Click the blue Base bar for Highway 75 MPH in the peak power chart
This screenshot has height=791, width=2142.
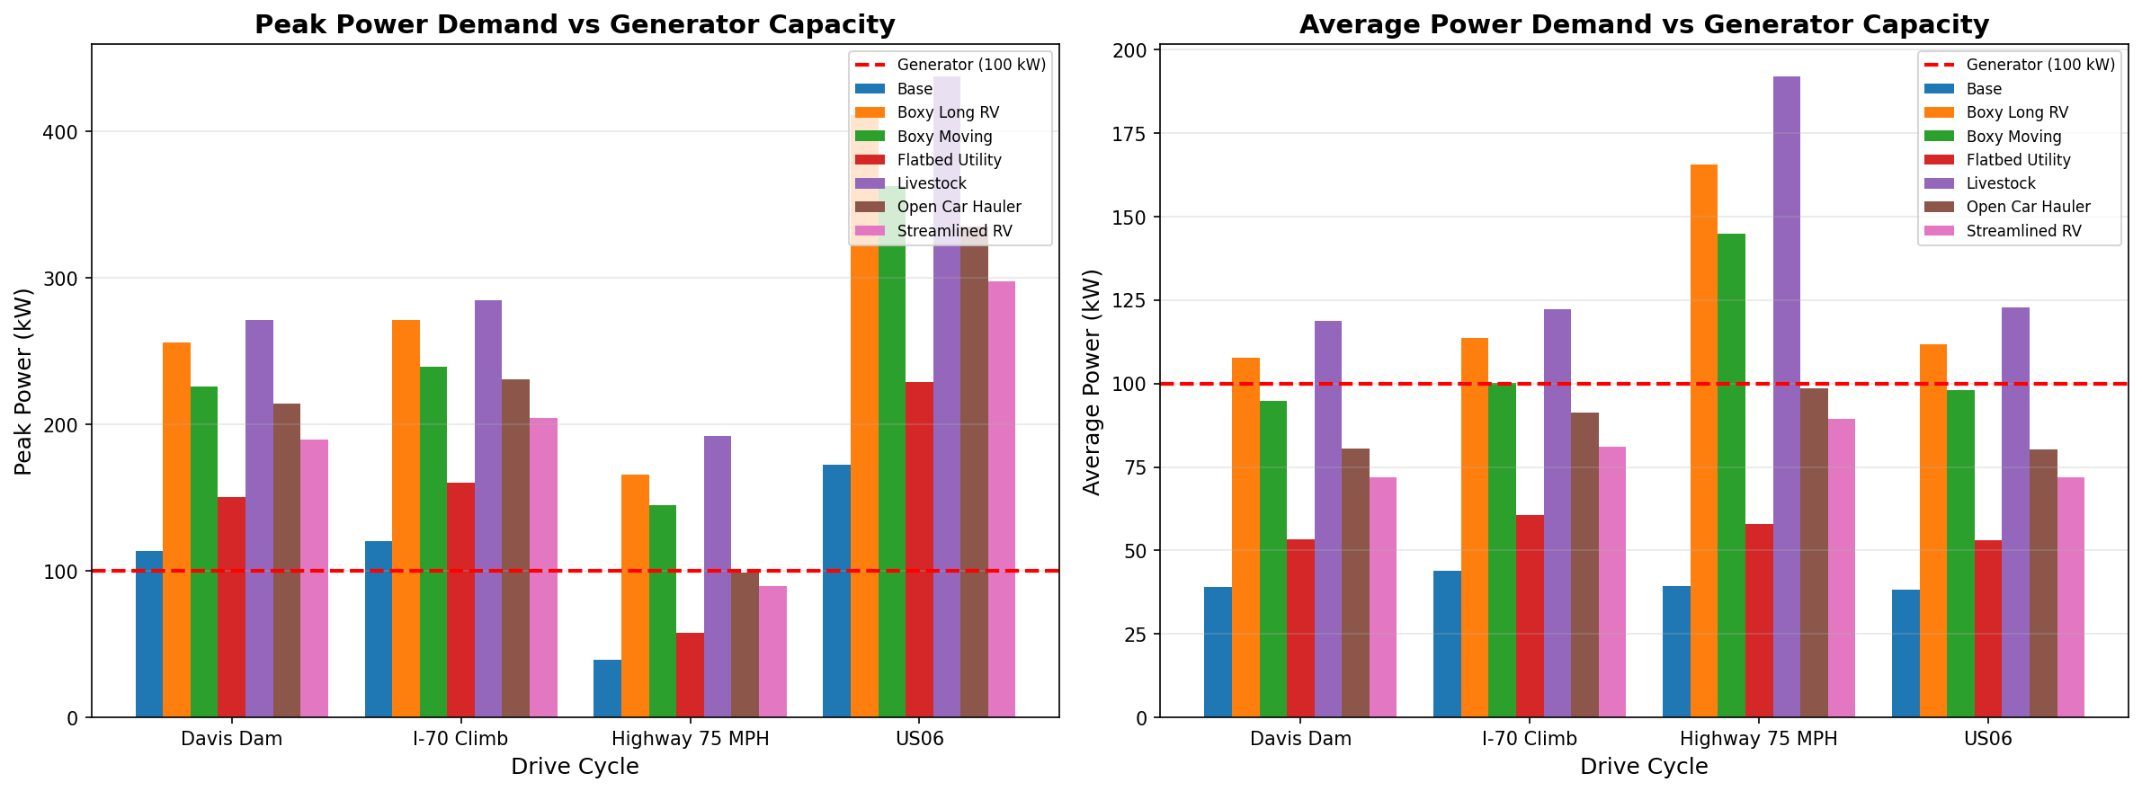(x=607, y=689)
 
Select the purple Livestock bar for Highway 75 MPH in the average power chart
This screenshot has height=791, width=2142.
(x=1786, y=395)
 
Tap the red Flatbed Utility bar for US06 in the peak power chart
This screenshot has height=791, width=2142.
(x=919, y=549)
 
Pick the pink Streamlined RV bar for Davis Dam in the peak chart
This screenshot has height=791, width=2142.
(x=314, y=578)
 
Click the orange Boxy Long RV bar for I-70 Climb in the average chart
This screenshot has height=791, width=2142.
(x=1474, y=528)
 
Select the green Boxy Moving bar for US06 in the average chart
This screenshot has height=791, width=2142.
(x=1960, y=553)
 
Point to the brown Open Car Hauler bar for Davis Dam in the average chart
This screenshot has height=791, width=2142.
(x=1355, y=582)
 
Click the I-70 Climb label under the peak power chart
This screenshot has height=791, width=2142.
(x=460, y=739)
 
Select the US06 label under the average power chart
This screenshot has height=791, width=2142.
(x=1987, y=739)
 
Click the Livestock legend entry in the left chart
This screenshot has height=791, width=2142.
(x=932, y=183)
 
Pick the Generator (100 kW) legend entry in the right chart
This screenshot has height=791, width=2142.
(x=2040, y=65)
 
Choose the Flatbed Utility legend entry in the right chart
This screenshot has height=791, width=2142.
(x=2018, y=160)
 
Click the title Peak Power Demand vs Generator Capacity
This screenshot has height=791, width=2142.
(x=575, y=24)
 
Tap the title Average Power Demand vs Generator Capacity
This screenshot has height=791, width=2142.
(x=1644, y=24)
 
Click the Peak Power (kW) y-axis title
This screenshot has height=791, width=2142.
(x=24, y=381)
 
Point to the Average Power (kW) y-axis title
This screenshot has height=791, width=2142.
(x=1093, y=381)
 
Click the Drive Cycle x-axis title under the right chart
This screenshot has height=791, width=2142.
(x=1644, y=767)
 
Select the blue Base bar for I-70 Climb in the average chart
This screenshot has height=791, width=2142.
(x=1447, y=644)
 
